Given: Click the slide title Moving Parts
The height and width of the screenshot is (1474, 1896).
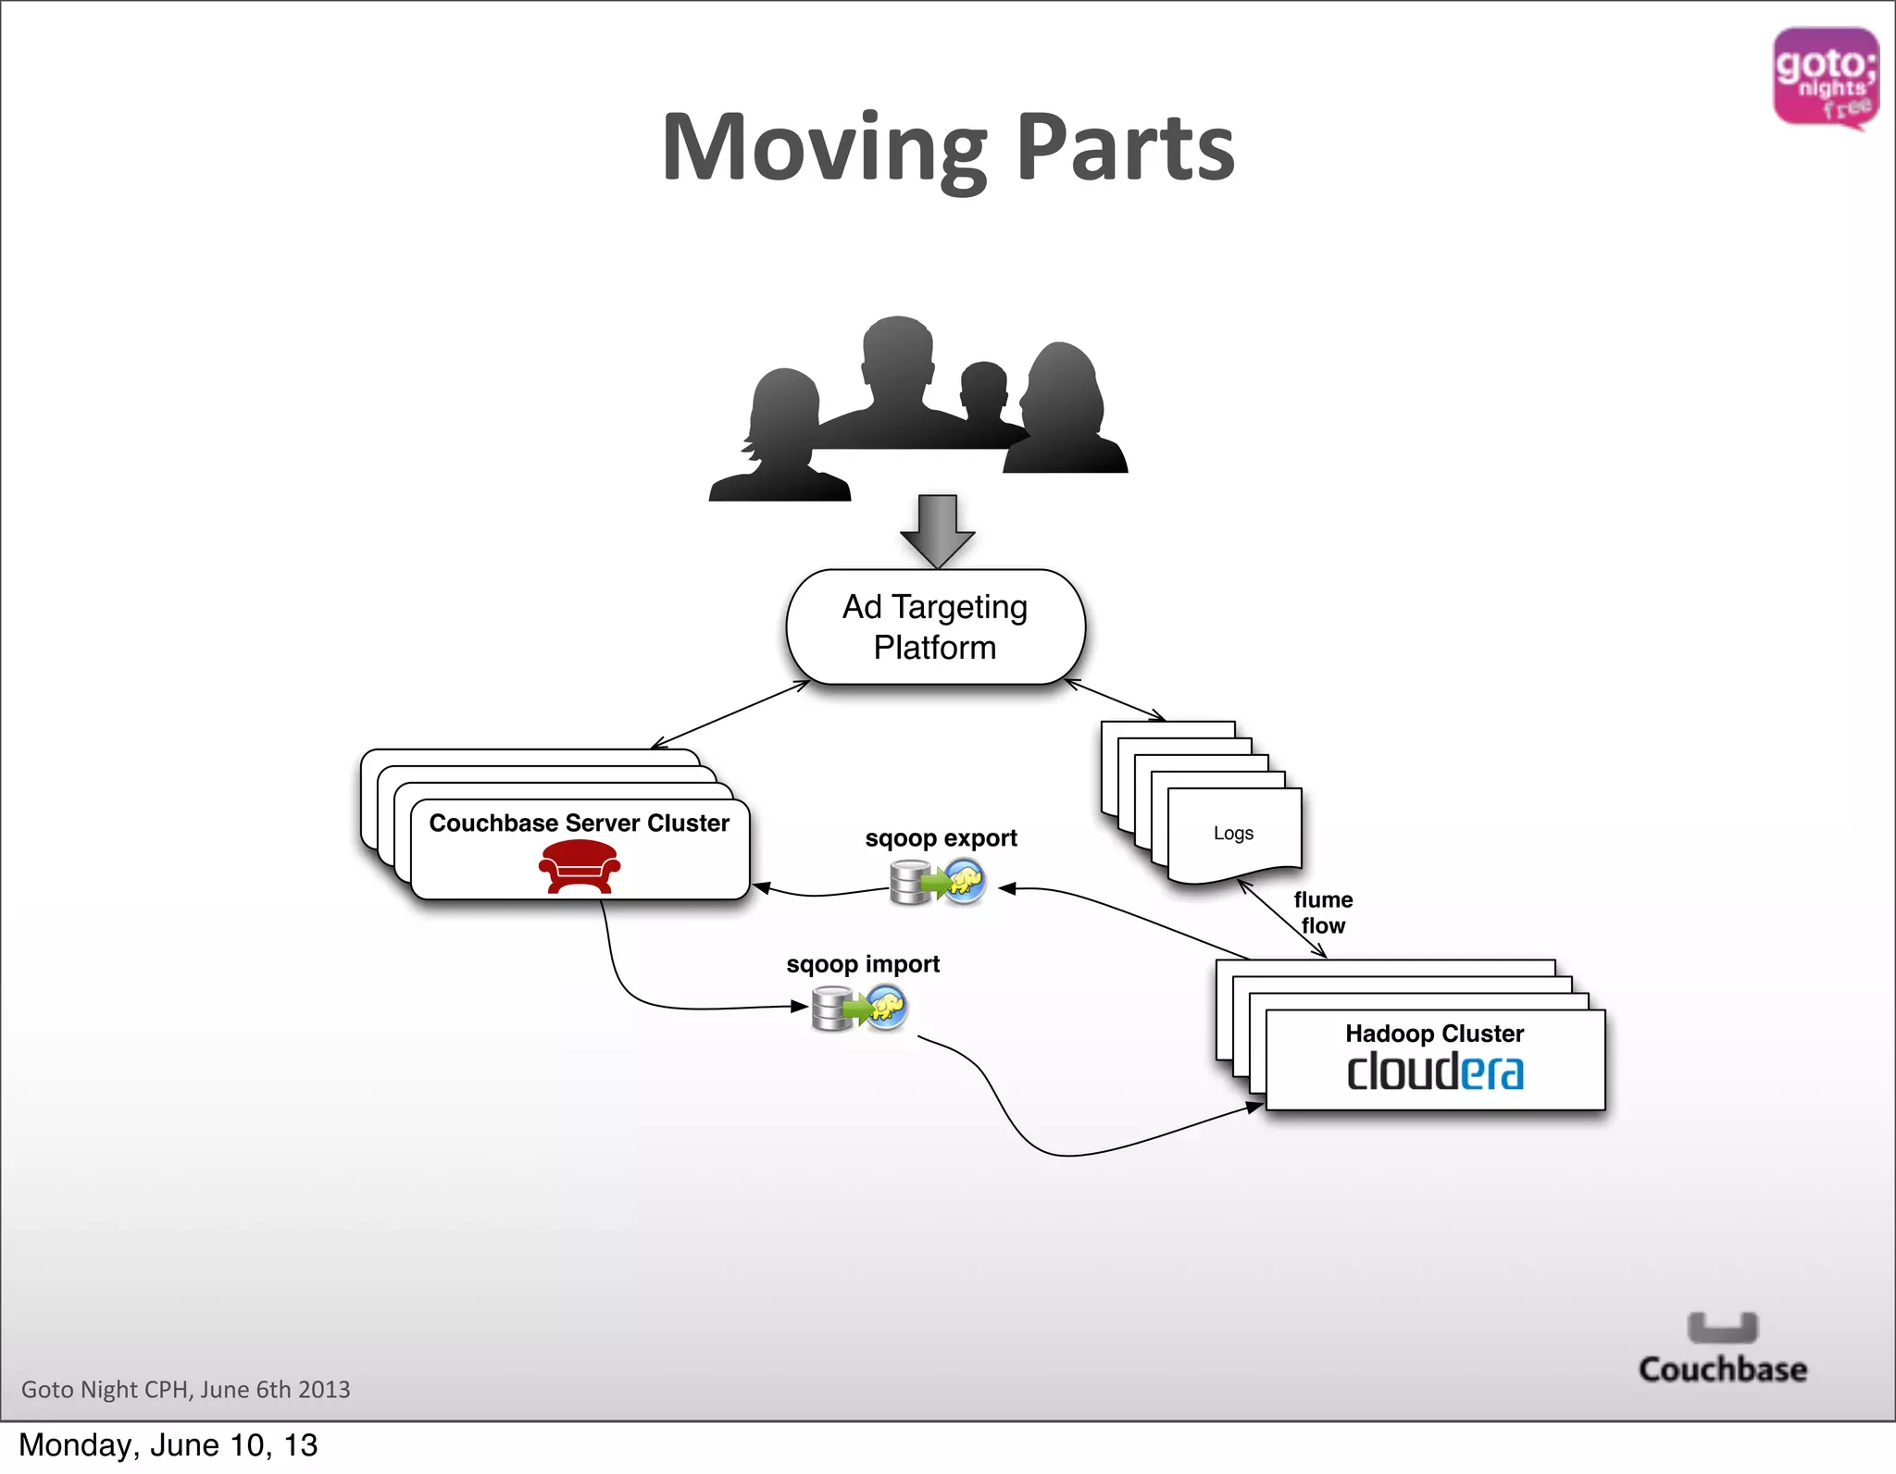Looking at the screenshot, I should tap(948, 148).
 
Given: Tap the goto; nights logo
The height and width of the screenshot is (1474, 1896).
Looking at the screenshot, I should tap(1825, 78).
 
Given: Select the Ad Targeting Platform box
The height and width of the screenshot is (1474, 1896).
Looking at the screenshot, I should tap(935, 627).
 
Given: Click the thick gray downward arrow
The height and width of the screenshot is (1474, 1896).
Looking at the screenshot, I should tap(937, 530).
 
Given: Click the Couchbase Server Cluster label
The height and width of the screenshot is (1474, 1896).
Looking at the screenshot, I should tap(580, 823).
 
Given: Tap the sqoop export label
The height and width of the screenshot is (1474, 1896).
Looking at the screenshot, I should tap(941, 838).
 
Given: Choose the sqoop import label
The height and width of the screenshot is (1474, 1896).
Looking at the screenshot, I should tap(863, 964).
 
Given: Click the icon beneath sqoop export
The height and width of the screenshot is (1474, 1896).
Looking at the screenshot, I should tap(937, 882).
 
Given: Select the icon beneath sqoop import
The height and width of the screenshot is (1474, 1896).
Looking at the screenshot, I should tap(859, 1008).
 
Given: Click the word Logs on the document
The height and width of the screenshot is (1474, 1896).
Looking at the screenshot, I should tap(1233, 833).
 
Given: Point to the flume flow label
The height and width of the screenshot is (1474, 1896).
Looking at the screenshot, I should tap(1323, 912).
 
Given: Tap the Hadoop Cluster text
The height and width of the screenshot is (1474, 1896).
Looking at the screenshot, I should tap(1434, 1033).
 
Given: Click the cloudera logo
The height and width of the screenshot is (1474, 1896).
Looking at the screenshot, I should tap(1434, 1072).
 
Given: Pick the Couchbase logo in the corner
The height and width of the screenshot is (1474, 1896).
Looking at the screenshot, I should tap(1722, 1349).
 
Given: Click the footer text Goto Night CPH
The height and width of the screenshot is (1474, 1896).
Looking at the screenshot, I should tap(185, 1389).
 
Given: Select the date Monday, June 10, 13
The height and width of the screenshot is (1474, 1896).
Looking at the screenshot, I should tap(168, 1445).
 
